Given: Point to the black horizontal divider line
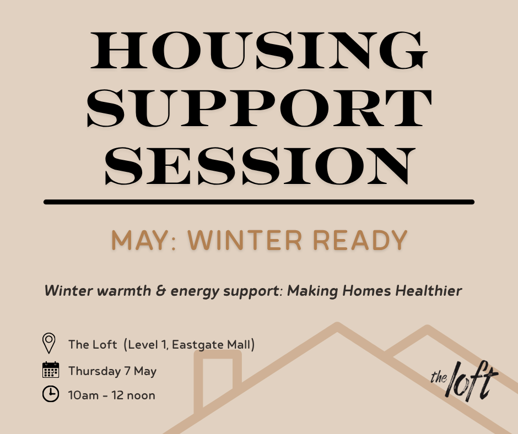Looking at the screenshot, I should pyautogui.click(x=259, y=202).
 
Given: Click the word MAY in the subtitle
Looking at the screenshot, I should pyautogui.click(x=140, y=240).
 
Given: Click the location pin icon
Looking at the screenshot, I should pyautogui.click(x=49, y=343).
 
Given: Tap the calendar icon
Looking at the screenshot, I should pyautogui.click(x=50, y=370).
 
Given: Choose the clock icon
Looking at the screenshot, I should pyautogui.click(x=50, y=394).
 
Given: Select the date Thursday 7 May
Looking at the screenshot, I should pyautogui.click(x=112, y=371).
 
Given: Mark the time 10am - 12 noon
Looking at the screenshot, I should pyautogui.click(x=112, y=395).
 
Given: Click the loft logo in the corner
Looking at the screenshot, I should pyautogui.click(x=464, y=379).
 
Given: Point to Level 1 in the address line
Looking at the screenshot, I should pyautogui.click(x=146, y=345).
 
